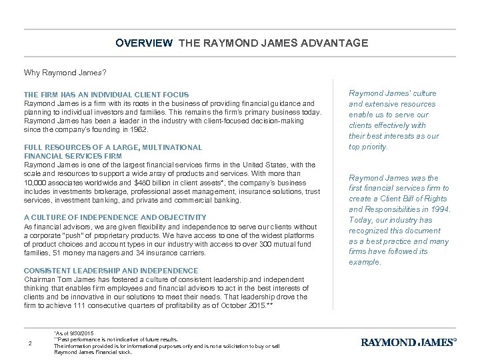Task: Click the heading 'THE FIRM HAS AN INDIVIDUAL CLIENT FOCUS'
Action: point(106,95)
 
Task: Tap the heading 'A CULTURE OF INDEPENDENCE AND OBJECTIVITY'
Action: point(115,217)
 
